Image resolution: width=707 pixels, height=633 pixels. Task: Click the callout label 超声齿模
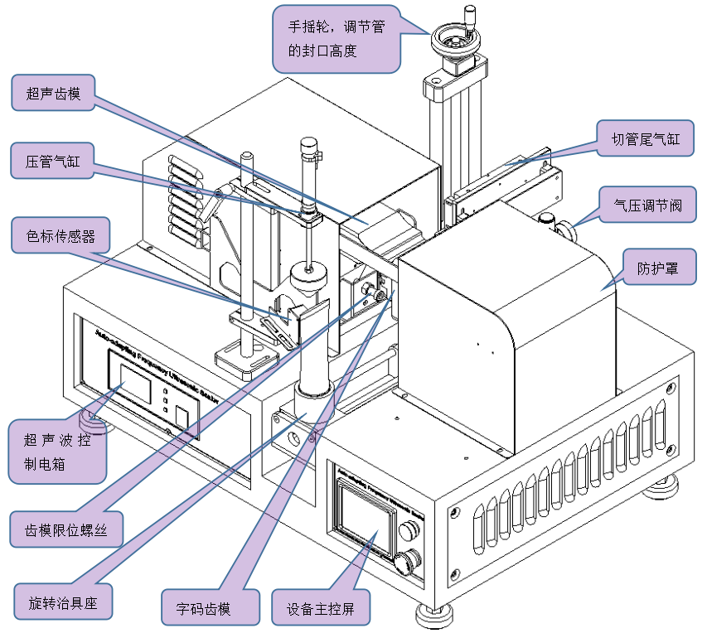point(53,93)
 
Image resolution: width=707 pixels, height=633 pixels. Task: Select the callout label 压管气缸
point(53,160)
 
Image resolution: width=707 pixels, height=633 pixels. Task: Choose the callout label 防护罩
point(655,268)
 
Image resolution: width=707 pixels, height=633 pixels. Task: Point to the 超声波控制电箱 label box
point(57,451)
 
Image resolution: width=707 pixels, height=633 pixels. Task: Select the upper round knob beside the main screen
point(407,529)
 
